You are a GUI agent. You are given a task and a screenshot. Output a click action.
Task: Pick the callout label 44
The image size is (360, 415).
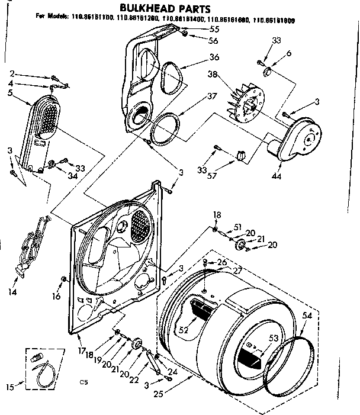277,176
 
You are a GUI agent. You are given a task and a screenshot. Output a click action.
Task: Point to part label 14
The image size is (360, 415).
14,292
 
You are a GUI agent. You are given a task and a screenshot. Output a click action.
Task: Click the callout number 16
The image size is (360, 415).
57,295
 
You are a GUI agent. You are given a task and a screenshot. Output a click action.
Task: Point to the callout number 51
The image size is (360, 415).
238,226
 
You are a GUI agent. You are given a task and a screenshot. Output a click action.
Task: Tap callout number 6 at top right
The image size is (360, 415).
289,53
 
